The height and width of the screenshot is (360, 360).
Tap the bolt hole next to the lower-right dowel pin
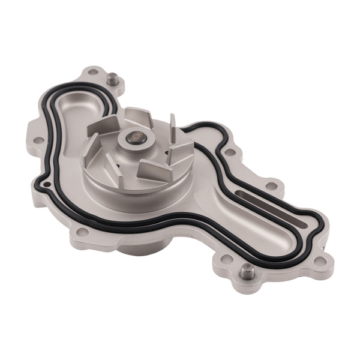tap(227, 259)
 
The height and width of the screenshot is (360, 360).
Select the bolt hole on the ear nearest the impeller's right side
tap(229, 152)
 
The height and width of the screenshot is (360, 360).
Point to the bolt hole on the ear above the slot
tap(271, 185)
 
